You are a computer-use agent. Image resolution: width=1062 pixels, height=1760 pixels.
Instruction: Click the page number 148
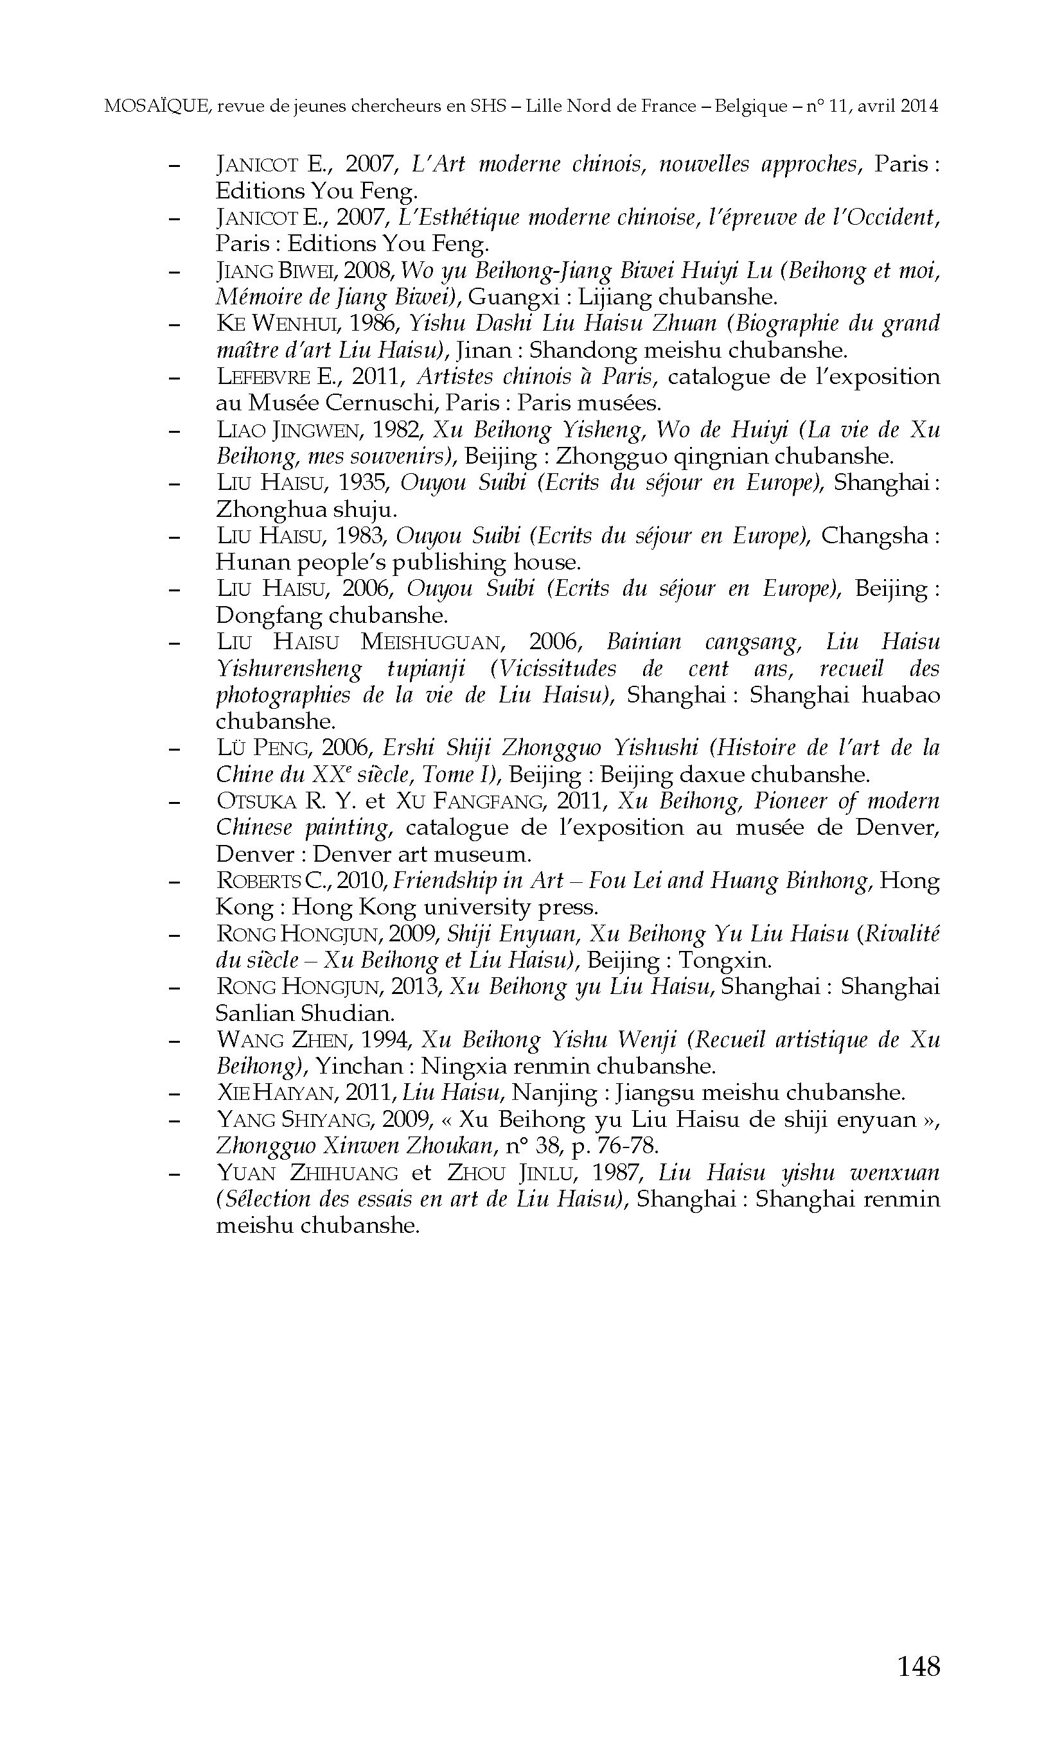coord(918,1666)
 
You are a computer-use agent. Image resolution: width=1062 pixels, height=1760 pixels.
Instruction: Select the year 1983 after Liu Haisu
coord(361,536)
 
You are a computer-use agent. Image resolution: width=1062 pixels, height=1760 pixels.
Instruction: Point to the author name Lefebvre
coord(263,377)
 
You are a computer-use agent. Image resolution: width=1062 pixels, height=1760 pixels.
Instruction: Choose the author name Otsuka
coord(256,801)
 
